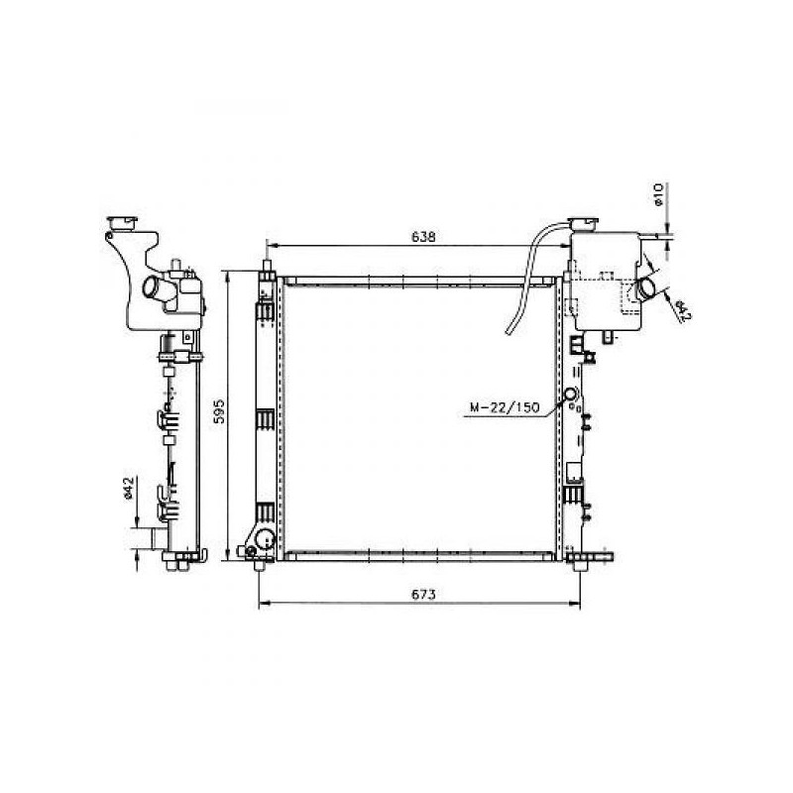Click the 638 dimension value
423,236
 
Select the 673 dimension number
423,594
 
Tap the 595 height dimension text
219,411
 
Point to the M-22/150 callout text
505,407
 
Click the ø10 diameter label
658,194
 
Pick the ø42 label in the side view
129,488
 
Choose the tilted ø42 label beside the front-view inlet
683,310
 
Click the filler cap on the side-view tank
122,223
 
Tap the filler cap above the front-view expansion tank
583,224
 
